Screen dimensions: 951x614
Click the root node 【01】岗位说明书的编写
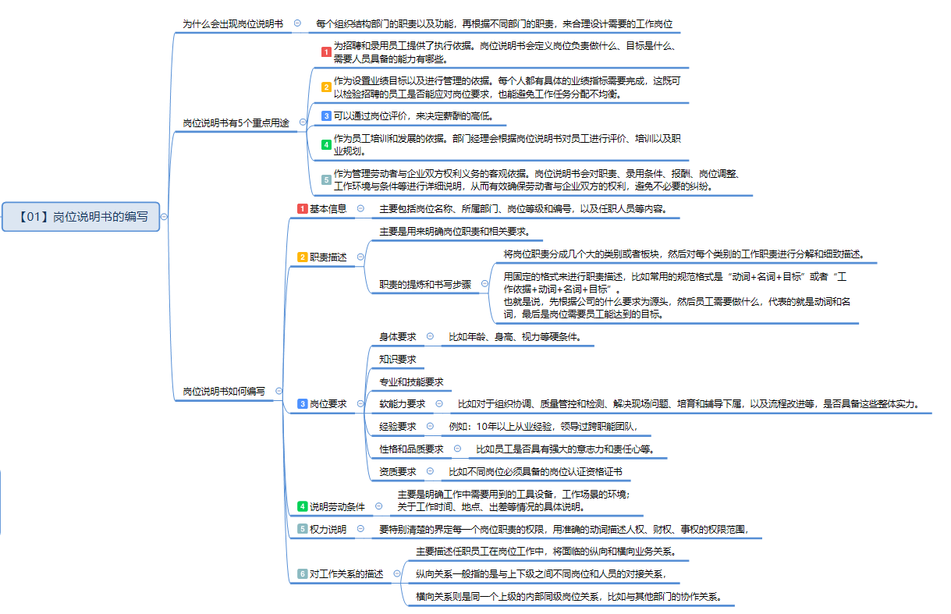coord(80,217)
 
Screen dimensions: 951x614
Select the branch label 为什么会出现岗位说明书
coord(232,23)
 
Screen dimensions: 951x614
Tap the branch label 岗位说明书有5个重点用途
coord(236,123)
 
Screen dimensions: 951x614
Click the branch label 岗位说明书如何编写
coord(224,391)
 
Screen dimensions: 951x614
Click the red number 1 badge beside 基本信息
coord(302,208)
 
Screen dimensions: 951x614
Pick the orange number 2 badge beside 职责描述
coord(302,257)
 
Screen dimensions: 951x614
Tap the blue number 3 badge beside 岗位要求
coord(302,404)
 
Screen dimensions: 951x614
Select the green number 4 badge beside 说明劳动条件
coord(302,506)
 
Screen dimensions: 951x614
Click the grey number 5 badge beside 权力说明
coord(302,529)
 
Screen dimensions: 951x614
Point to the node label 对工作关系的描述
coord(346,574)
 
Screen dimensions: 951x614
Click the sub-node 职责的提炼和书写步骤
coord(425,284)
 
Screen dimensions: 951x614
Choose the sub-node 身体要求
coord(397,337)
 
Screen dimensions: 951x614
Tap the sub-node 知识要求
coord(397,359)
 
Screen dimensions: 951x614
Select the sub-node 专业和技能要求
coord(411,382)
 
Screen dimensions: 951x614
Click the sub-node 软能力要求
coord(402,404)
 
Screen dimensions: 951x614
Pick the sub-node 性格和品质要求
coord(411,449)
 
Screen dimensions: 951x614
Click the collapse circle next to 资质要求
coord(430,471)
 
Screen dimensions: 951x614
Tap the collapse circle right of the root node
coord(164,217)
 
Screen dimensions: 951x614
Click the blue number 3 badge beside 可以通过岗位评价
coord(326,116)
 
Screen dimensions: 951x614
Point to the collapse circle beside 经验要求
coord(430,426)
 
